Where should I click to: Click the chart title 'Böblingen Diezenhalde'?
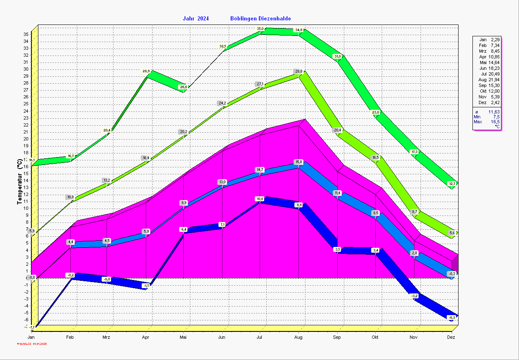[261, 18]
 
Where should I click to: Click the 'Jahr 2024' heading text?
[196, 18]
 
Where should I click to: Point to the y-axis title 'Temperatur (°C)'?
[19, 182]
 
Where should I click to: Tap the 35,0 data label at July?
[260, 29]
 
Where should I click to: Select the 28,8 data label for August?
[299, 71]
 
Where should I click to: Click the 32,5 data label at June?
[223, 47]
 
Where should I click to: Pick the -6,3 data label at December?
[452, 317]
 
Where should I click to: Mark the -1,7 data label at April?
[146, 286]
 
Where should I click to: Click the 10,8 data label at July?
[260, 199]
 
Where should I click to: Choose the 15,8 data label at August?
[299, 162]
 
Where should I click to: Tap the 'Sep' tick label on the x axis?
[337, 338]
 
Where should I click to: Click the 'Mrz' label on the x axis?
[106, 338]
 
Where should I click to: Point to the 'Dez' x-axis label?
[451, 338]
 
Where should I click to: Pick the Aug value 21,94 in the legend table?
[494, 80]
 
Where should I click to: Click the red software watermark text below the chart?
[32, 344]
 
